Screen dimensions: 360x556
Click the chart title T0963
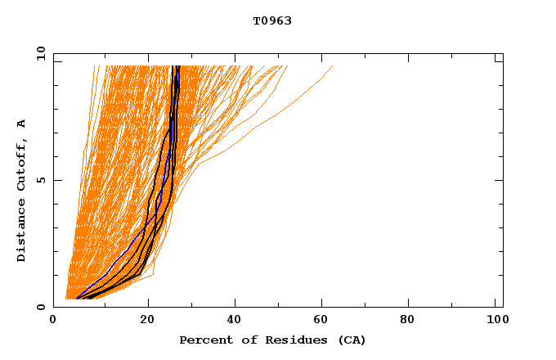[x=272, y=21]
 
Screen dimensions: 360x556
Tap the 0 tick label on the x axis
[x=54, y=321]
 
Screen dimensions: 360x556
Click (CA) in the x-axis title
[x=350, y=340]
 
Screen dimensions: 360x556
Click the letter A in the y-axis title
[x=22, y=124]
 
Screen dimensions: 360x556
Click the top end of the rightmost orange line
[x=333, y=66]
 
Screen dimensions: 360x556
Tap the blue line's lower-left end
[x=76, y=298]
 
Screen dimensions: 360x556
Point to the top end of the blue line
[x=177, y=66]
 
